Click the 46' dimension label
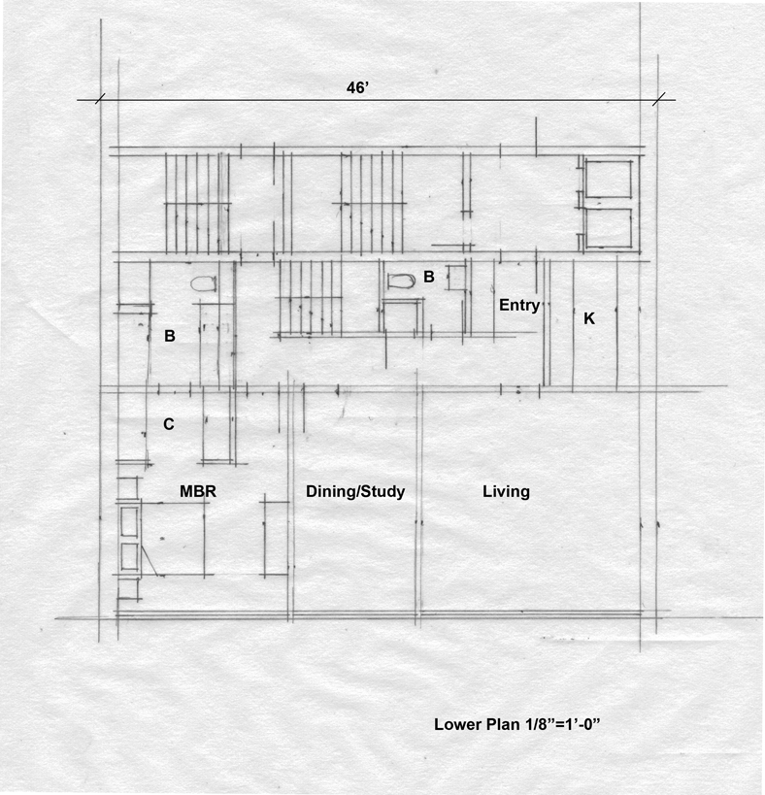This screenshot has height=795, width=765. pyautogui.click(x=357, y=87)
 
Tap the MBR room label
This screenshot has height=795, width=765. pyautogui.click(x=198, y=491)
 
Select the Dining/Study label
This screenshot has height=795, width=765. pyautogui.click(x=355, y=491)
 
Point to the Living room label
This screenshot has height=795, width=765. pyautogui.click(x=506, y=491)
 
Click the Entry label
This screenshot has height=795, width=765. pyautogui.click(x=519, y=305)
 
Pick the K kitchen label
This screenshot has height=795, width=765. pyautogui.click(x=589, y=318)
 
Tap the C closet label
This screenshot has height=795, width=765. pyautogui.click(x=169, y=424)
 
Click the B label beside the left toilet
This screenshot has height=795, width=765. pyautogui.click(x=170, y=336)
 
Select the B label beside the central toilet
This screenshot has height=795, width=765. pyautogui.click(x=429, y=277)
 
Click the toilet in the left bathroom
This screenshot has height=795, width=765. pyautogui.click(x=204, y=283)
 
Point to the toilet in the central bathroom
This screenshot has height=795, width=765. pyautogui.click(x=401, y=281)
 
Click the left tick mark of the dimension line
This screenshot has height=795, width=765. pyautogui.click(x=100, y=99)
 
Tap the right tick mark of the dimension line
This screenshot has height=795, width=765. pyautogui.click(x=658, y=99)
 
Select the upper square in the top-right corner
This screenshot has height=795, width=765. pyautogui.click(x=609, y=179)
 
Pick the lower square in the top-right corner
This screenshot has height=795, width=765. pyautogui.click(x=609, y=229)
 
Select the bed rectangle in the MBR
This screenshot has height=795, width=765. pyautogui.click(x=173, y=539)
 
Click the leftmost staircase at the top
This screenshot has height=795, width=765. pyautogui.click(x=197, y=203)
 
